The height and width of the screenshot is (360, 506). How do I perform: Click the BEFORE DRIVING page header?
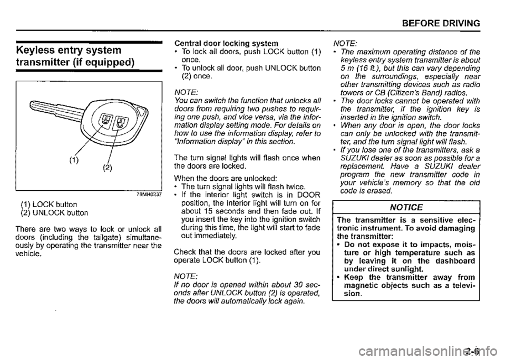(x=446, y=23)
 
